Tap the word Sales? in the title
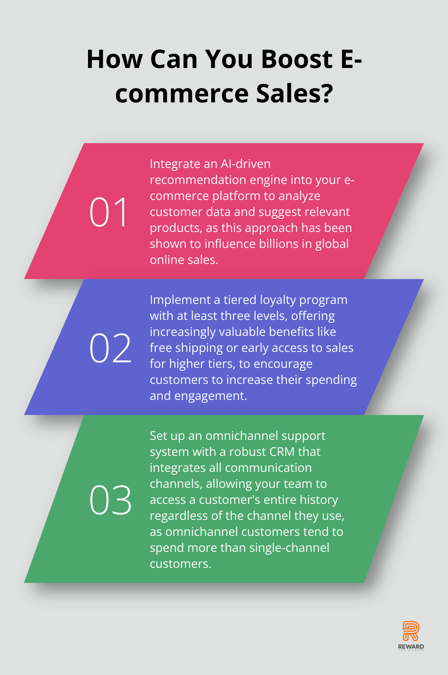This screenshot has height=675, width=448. coord(294,93)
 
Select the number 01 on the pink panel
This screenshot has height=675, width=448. coord(108,212)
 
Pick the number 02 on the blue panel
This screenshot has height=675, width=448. coord(110,347)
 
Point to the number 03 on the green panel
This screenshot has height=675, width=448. coord(110,500)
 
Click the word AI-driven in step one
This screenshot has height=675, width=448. coord(246,164)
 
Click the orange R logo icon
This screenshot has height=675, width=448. coord(411,631)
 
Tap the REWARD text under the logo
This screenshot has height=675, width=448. coord(411,646)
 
